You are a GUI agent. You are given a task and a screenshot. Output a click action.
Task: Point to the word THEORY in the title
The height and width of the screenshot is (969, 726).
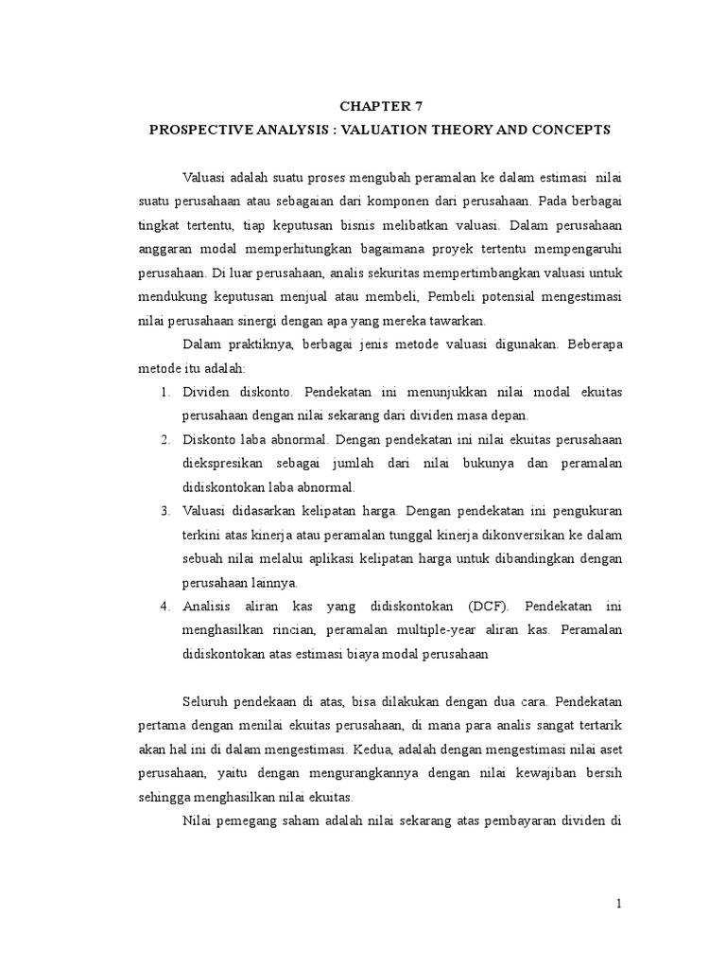(x=456, y=129)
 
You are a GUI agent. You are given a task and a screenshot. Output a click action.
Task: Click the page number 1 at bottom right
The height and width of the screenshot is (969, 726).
(x=619, y=904)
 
